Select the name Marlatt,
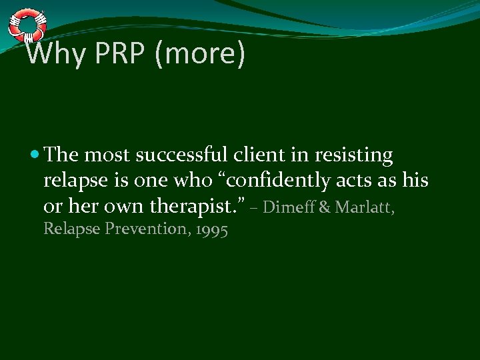365,207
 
